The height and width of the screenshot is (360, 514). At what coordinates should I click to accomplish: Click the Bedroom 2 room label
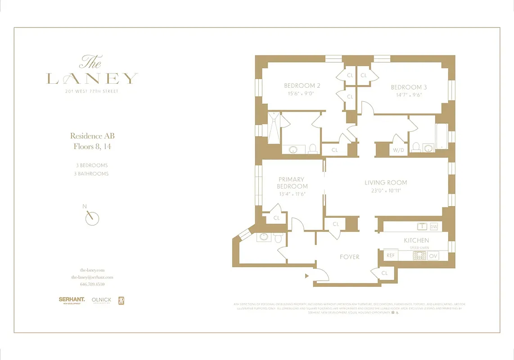(x=302, y=86)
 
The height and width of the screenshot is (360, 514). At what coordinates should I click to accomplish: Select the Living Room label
(x=385, y=183)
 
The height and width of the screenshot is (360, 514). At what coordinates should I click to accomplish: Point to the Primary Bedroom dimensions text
(x=292, y=194)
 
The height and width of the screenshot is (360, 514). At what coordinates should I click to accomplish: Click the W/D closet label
(x=398, y=150)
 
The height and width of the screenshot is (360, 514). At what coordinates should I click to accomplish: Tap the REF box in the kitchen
(x=391, y=256)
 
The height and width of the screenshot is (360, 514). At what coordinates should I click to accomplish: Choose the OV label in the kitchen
(x=433, y=256)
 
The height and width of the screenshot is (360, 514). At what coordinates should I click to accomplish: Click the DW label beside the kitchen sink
(x=434, y=226)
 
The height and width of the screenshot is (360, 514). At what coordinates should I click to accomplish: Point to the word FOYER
(x=350, y=257)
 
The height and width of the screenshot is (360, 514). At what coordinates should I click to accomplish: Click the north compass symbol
(x=92, y=218)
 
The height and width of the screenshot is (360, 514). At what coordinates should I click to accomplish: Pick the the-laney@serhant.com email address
(x=92, y=277)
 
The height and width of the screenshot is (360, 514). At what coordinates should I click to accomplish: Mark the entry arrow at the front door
(x=307, y=275)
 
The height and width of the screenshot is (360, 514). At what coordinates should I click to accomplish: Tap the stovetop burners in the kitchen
(x=419, y=256)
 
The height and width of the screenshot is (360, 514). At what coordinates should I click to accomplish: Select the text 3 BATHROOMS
(x=92, y=174)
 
